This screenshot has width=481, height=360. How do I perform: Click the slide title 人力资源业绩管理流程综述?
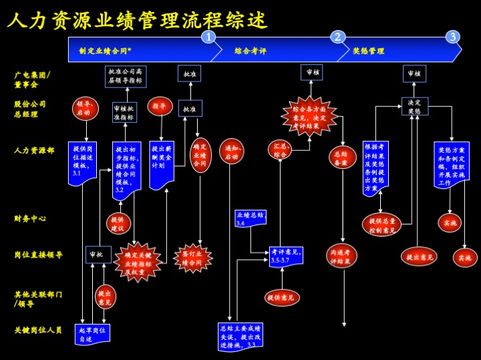point(138,20)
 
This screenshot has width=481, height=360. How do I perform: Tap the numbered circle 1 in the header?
point(209,37)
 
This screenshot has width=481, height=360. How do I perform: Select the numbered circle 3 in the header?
point(452,37)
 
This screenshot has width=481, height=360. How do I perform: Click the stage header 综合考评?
point(251,51)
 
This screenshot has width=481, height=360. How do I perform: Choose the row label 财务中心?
point(30,218)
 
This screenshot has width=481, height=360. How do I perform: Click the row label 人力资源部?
point(34,150)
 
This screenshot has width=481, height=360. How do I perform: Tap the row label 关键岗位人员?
point(38,330)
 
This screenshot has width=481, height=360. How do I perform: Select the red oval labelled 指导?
point(160,106)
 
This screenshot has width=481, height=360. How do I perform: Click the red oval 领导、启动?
point(85,108)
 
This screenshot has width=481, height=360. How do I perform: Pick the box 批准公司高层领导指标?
point(126,75)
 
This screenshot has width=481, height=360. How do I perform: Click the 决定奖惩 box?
point(415,106)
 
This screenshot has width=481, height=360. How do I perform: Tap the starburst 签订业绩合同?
point(193,258)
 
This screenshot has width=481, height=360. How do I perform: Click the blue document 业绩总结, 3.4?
point(251,218)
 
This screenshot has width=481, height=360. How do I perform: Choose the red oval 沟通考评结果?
point(341,256)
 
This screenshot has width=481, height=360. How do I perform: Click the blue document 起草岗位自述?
point(92,334)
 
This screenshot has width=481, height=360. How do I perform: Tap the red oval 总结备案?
point(342,158)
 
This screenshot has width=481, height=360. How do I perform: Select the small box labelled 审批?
point(99,254)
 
